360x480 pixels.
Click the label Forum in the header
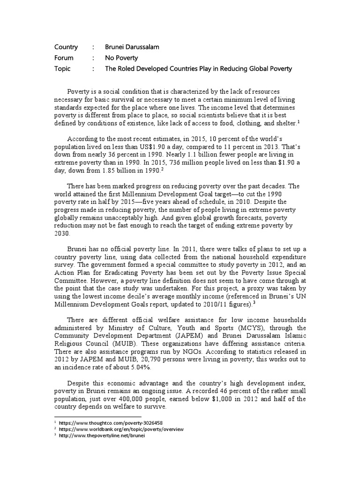[x=64, y=58]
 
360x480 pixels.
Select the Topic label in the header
[x=63, y=68]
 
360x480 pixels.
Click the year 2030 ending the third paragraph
[x=62, y=233]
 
